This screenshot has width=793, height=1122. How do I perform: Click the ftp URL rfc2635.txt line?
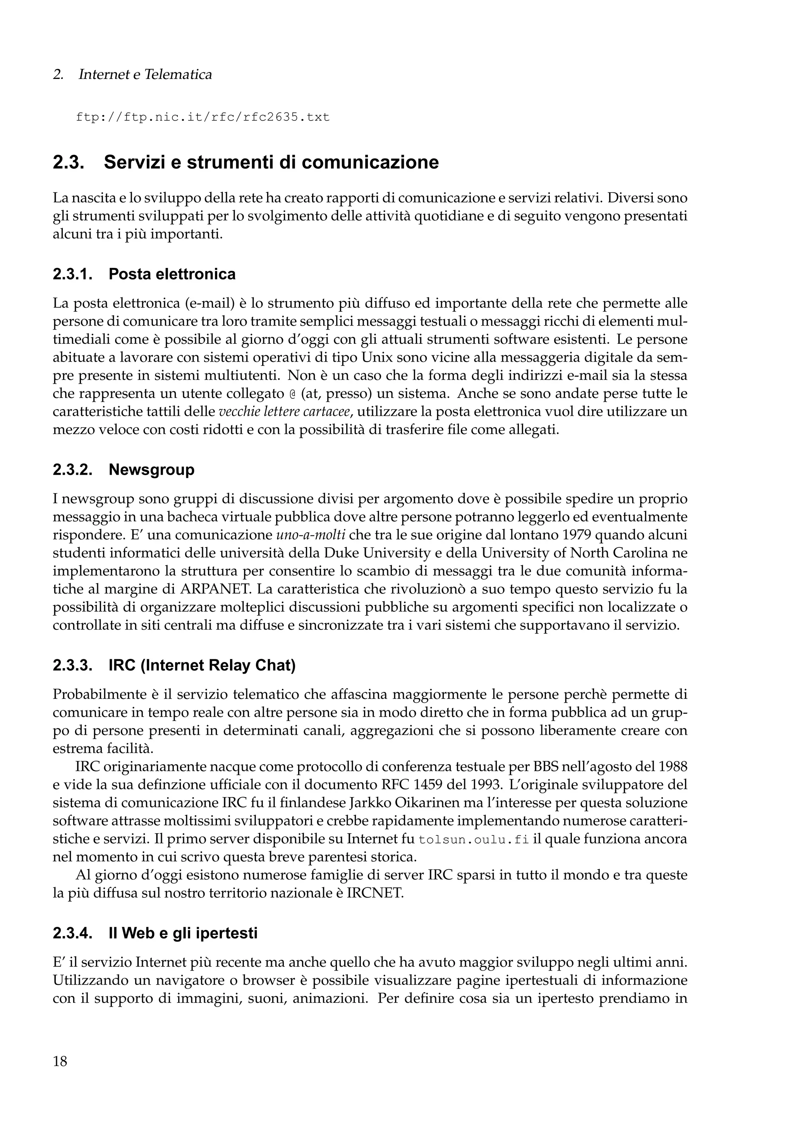pyautogui.click(x=203, y=118)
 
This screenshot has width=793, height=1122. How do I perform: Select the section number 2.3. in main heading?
pyautogui.click(x=69, y=163)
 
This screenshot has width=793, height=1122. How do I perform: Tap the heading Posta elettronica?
pyautogui.click(x=172, y=274)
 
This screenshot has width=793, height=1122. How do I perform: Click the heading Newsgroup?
pyautogui.click(x=151, y=470)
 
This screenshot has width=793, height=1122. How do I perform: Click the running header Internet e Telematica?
pyautogui.click(x=145, y=75)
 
